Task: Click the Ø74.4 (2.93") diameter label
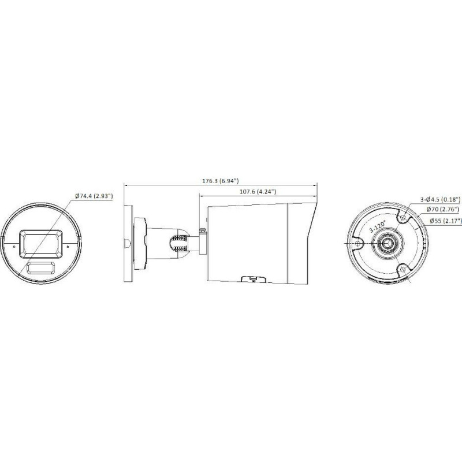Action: pos(94,196)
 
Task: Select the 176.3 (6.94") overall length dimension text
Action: pos(220,181)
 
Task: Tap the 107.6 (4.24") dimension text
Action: pos(258,192)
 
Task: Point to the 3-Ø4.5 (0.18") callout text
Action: pos(440,199)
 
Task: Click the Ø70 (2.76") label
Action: pos(442,209)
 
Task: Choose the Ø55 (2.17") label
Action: pos(445,220)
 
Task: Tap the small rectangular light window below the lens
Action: pos(41,267)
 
